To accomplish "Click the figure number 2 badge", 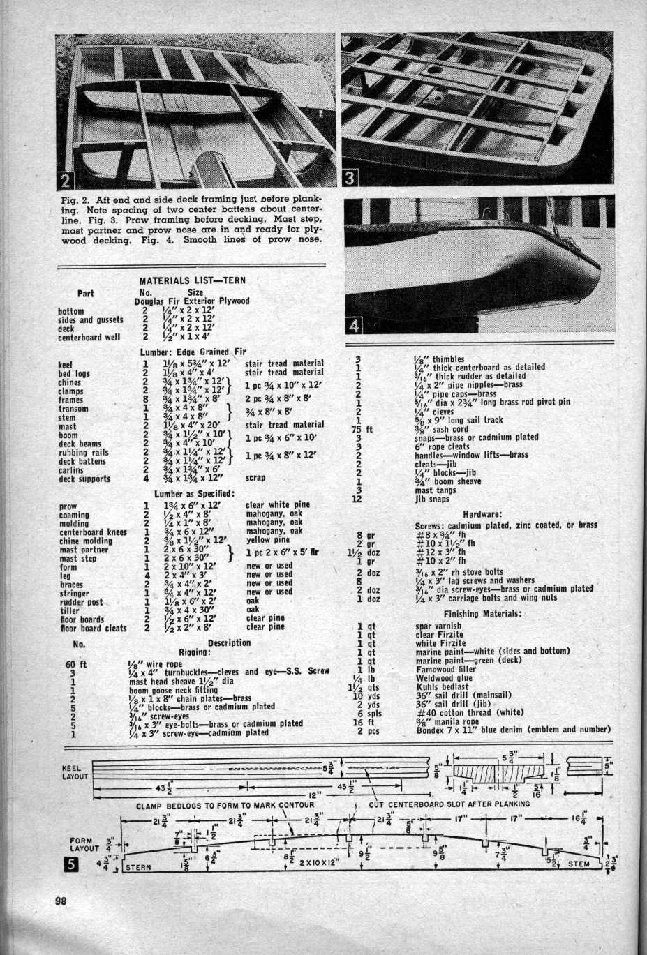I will [x=64, y=181].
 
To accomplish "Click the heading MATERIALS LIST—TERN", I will [x=193, y=280].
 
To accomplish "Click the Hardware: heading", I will [x=482, y=514].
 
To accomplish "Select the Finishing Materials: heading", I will [x=483, y=613].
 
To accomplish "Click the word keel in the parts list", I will [x=65, y=364].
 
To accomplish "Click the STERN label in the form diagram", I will [x=142, y=868].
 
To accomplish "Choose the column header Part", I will [x=86, y=293].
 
